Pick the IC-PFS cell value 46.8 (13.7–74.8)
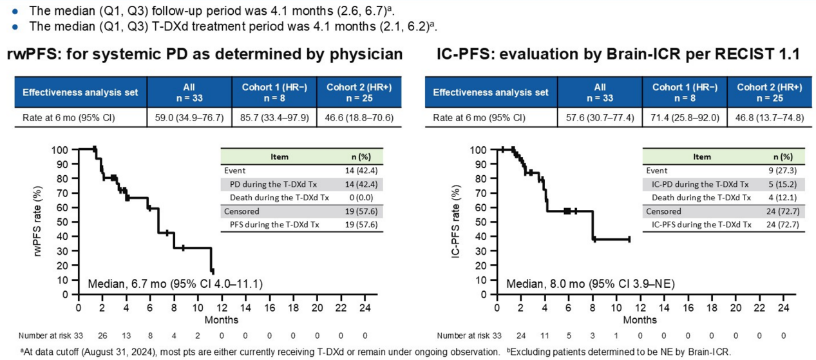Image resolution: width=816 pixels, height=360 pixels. [x=768, y=118]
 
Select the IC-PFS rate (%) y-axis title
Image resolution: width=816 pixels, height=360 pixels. [x=456, y=222]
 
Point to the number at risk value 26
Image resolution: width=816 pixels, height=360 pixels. [x=102, y=335]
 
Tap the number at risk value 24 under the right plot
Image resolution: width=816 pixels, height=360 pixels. [x=521, y=335]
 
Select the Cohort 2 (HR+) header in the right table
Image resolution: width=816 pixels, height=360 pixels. [x=768, y=91]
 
